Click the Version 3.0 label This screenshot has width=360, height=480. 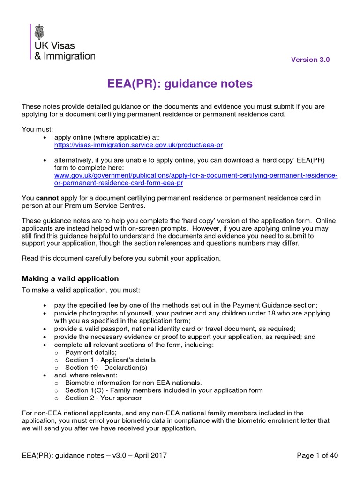310,60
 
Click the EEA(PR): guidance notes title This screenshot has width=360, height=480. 180,84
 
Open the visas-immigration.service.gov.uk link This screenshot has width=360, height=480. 132,145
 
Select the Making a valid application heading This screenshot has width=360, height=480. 70,278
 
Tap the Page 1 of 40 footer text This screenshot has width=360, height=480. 318,455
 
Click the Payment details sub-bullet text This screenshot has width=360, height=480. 91,352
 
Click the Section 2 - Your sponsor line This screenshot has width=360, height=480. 103,398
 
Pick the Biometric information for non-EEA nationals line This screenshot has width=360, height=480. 133,382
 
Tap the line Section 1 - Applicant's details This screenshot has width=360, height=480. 110,360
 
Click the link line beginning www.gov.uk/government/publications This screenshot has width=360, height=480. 196,175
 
